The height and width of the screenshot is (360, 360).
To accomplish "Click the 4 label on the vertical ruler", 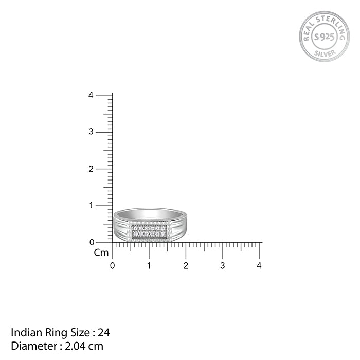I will coord(91,95).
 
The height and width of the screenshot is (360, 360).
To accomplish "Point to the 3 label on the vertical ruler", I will coord(91,132).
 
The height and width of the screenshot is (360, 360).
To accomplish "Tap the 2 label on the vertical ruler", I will coord(91,169).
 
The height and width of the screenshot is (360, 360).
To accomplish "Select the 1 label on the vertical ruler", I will coord(91,206).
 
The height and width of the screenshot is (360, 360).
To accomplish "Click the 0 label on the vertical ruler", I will coord(91,242).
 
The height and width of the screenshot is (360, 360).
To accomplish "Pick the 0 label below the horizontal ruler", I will coord(112,266).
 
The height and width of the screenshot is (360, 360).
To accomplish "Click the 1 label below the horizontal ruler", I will coord(149,266).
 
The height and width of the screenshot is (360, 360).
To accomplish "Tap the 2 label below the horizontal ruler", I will coord(186,266).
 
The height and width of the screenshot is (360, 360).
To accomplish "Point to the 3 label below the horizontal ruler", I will coord(223,266).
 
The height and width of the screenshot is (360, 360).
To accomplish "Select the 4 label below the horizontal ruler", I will coord(259,266).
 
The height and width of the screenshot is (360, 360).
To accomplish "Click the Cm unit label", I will coord(101,253).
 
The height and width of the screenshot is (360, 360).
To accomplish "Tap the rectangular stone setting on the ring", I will coord(149,231).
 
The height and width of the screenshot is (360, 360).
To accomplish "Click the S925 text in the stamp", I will coord(324,37).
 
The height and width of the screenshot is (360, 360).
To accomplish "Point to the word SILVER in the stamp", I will coord(324,52).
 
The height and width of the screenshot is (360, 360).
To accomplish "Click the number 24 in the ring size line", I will coord(105,332).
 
